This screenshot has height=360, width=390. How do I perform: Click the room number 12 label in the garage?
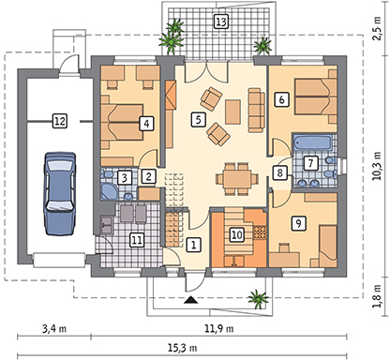pyautogui.click(x=59, y=120)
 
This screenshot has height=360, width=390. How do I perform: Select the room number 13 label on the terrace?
pyautogui.click(x=220, y=22)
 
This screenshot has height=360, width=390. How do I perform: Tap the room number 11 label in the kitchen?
pyautogui.click(x=137, y=240)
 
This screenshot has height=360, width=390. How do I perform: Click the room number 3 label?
pyautogui.click(x=125, y=177)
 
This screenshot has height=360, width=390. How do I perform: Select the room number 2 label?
pyautogui.click(x=147, y=174)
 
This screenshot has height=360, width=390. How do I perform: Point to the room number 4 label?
pyautogui.click(x=145, y=122)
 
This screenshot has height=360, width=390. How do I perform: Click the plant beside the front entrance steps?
pyautogui.click(x=255, y=299)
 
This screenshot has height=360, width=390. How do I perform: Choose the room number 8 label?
pyautogui.click(x=278, y=172)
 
